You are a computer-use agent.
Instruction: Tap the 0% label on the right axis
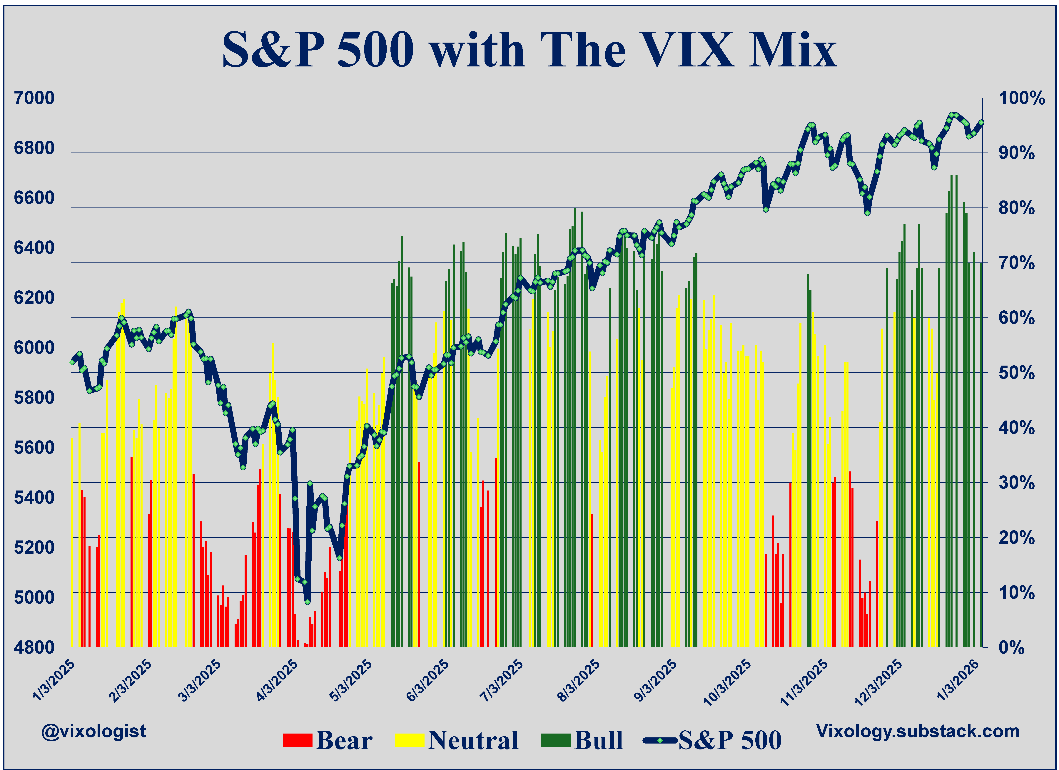1012,648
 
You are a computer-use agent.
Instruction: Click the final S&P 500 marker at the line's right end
981,122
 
